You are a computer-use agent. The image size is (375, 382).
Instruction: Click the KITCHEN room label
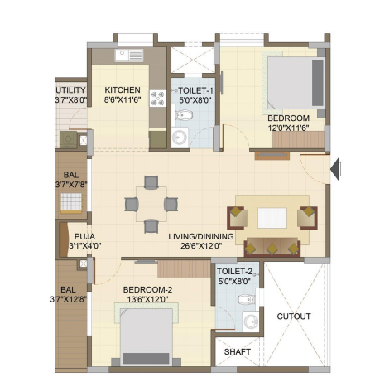pyautogui.click(x=123, y=90)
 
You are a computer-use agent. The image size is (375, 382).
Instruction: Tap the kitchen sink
pyautogui.click(x=129, y=56)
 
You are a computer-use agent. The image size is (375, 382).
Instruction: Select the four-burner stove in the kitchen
pyautogui.click(x=158, y=99)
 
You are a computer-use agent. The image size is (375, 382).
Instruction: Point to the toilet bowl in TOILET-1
pyautogui.click(x=183, y=115)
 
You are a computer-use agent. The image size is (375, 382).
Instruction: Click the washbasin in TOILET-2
pyautogui.click(x=251, y=322)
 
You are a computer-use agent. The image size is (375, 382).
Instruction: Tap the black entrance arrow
pyautogui.click(x=335, y=169)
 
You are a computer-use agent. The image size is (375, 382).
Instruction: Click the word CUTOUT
pyautogui.click(x=294, y=317)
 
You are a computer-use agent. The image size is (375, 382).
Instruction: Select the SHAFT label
pyautogui.click(x=238, y=352)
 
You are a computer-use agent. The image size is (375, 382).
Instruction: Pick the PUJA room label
pyautogui.click(x=84, y=237)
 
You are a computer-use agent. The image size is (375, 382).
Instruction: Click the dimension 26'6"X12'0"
pyautogui.click(x=201, y=246)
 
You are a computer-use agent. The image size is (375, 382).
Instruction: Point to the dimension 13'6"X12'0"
pyautogui.click(x=147, y=299)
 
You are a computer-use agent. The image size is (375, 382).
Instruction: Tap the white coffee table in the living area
pyautogui.click(x=272, y=218)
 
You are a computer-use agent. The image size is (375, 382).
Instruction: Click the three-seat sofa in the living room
pyautogui.click(x=272, y=247)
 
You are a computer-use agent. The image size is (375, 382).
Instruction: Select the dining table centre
pyautogui.click(x=151, y=205)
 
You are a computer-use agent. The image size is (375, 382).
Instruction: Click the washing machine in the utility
pyautogui.click(x=69, y=140)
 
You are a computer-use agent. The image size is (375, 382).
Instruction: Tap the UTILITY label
pyautogui.click(x=70, y=90)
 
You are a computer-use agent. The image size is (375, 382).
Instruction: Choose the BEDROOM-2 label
pyautogui.click(x=147, y=290)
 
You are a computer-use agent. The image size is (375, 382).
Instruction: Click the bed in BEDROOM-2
pyautogui.click(x=147, y=334)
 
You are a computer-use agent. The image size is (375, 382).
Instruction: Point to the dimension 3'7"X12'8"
pyautogui.click(x=69, y=299)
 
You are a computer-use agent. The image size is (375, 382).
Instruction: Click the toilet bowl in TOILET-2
pyautogui.click(x=246, y=299)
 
